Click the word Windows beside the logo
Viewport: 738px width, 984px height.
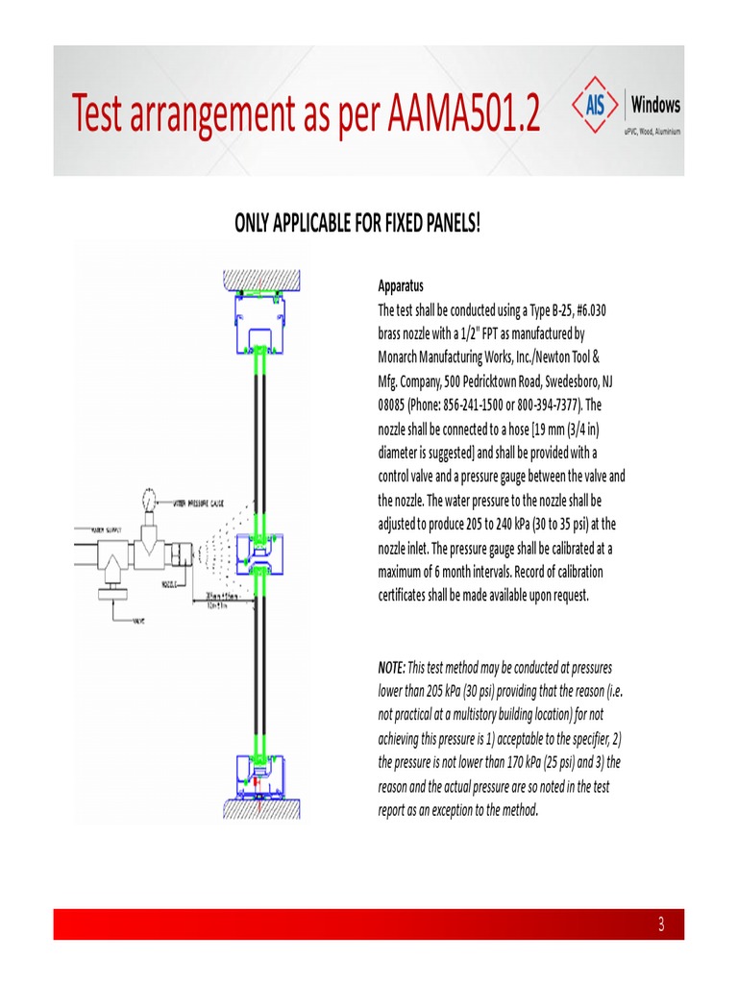(x=656, y=105)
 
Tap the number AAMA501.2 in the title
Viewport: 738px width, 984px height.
(x=464, y=115)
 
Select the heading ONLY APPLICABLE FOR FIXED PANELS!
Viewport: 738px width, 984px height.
(x=357, y=224)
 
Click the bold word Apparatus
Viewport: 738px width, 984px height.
(x=400, y=286)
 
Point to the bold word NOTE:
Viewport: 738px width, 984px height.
(x=392, y=667)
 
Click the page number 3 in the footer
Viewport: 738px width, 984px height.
(x=661, y=925)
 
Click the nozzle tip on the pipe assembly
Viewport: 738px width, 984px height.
(x=196, y=555)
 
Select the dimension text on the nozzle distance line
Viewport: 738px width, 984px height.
(x=224, y=600)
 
